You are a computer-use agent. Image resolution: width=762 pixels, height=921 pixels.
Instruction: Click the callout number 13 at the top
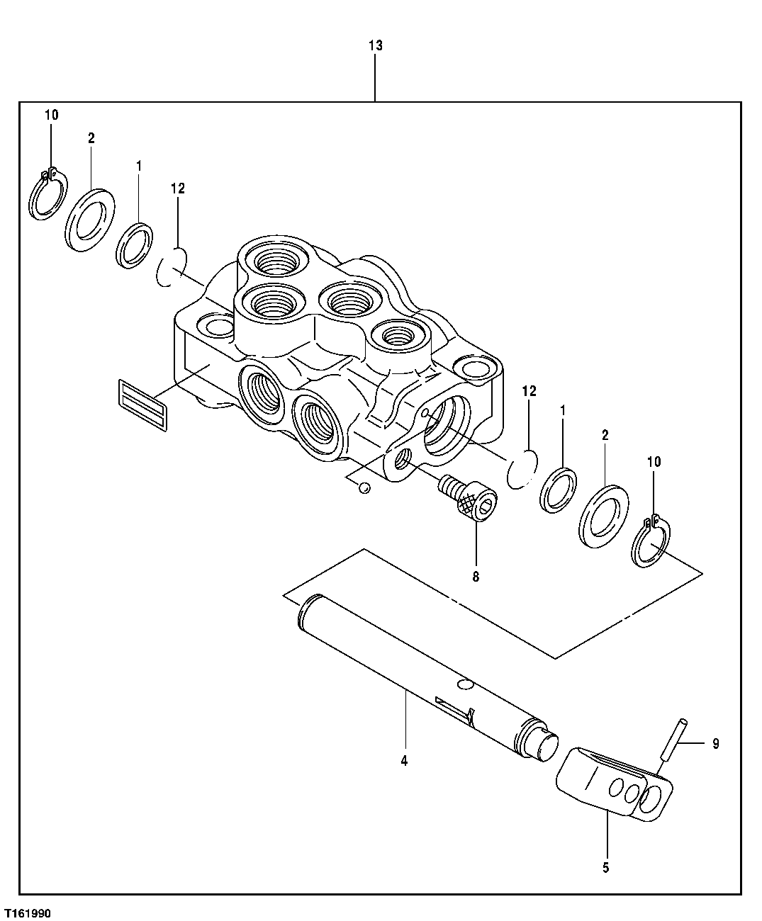375,46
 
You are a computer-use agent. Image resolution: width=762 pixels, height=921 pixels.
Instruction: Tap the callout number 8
476,577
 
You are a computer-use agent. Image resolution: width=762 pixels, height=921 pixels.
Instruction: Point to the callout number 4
404,762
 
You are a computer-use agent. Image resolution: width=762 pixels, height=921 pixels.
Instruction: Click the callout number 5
606,866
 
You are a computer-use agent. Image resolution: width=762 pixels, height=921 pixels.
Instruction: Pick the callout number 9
715,744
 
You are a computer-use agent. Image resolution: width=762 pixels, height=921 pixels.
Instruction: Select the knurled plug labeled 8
469,500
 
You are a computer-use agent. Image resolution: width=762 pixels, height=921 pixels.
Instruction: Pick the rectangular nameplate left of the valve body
142,403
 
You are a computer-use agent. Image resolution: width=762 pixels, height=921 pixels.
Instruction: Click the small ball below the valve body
364,487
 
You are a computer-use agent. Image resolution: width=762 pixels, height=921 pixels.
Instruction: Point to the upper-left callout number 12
177,188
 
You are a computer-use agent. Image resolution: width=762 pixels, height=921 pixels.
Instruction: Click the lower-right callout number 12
529,391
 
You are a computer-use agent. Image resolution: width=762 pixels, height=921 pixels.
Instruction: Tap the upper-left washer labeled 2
90,220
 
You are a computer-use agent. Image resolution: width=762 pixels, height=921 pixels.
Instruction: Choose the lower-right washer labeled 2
604,515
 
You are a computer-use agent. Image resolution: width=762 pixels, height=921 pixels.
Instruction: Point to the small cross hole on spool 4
464,684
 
